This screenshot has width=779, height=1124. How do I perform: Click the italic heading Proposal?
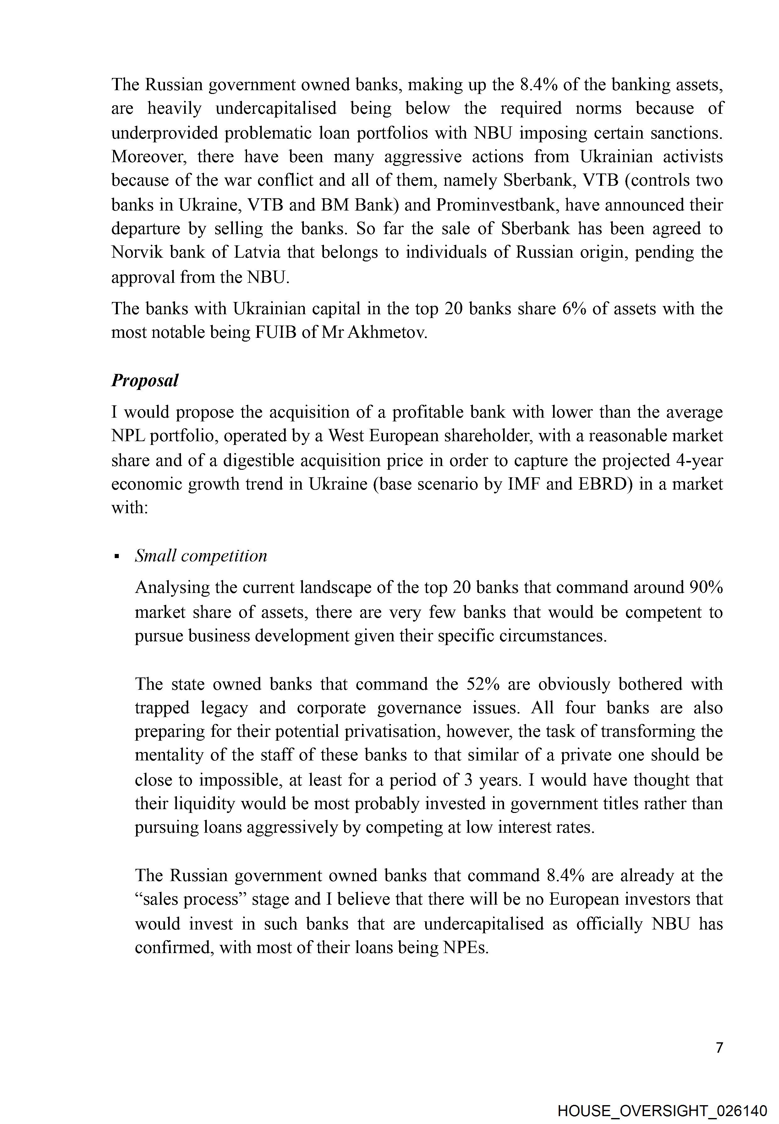[x=145, y=380]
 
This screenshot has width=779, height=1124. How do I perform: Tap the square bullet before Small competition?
[x=117, y=557]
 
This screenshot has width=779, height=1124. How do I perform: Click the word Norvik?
[x=138, y=252]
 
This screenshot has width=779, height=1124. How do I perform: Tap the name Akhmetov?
[x=387, y=332]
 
